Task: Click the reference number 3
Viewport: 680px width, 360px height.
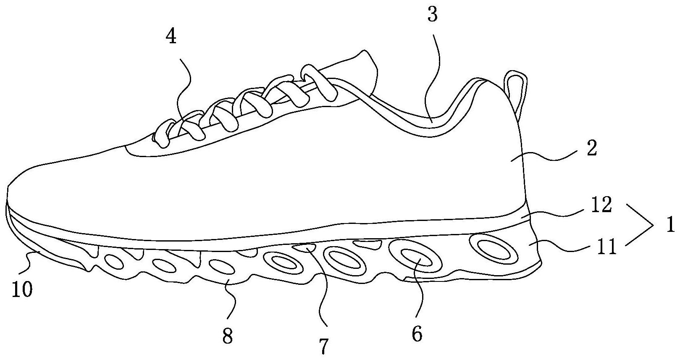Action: coord(432,15)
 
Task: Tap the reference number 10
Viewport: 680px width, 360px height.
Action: coord(22,289)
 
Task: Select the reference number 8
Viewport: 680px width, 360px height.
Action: coord(227,336)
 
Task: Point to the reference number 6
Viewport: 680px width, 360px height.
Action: coord(417,335)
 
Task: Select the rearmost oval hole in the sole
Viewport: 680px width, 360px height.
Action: coord(491,246)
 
